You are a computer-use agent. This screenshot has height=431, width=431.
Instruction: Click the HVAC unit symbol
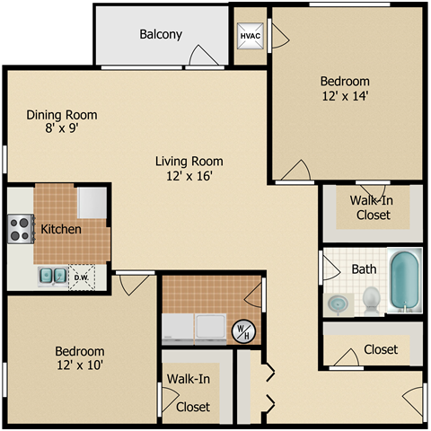(x=250, y=36)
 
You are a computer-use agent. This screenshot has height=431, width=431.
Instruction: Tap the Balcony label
(x=161, y=35)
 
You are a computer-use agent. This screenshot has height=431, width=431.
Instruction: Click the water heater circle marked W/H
(x=243, y=330)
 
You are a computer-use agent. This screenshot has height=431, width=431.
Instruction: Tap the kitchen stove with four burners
(x=20, y=228)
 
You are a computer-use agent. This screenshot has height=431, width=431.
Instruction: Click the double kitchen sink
(x=52, y=276)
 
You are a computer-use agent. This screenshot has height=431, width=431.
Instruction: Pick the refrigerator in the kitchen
(x=92, y=203)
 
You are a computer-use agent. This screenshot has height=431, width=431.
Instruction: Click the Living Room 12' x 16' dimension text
(x=189, y=177)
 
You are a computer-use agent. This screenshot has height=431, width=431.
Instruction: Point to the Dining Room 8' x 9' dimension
(x=62, y=129)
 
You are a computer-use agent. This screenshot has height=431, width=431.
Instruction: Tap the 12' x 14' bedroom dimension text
(x=345, y=95)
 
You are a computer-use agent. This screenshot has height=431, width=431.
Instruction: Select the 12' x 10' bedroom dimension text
(x=79, y=365)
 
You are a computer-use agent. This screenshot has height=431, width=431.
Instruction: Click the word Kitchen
(x=61, y=229)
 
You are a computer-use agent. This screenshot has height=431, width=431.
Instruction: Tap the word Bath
(x=364, y=268)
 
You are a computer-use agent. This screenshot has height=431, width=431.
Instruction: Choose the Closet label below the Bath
(x=381, y=349)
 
